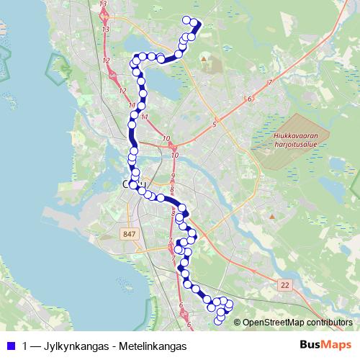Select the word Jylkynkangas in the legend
coord(75,346)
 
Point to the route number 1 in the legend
coord(25,346)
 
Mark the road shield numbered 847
coord(130,235)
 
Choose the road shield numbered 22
coord(286,286)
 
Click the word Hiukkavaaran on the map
coord(301,134)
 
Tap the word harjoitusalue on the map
coord(301,142)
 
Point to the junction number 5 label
coord(214,125)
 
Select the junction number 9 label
coord(173,176)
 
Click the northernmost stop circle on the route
coord(187,20)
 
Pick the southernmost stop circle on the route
coord(220,318)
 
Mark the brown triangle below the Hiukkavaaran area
coord(272,215)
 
